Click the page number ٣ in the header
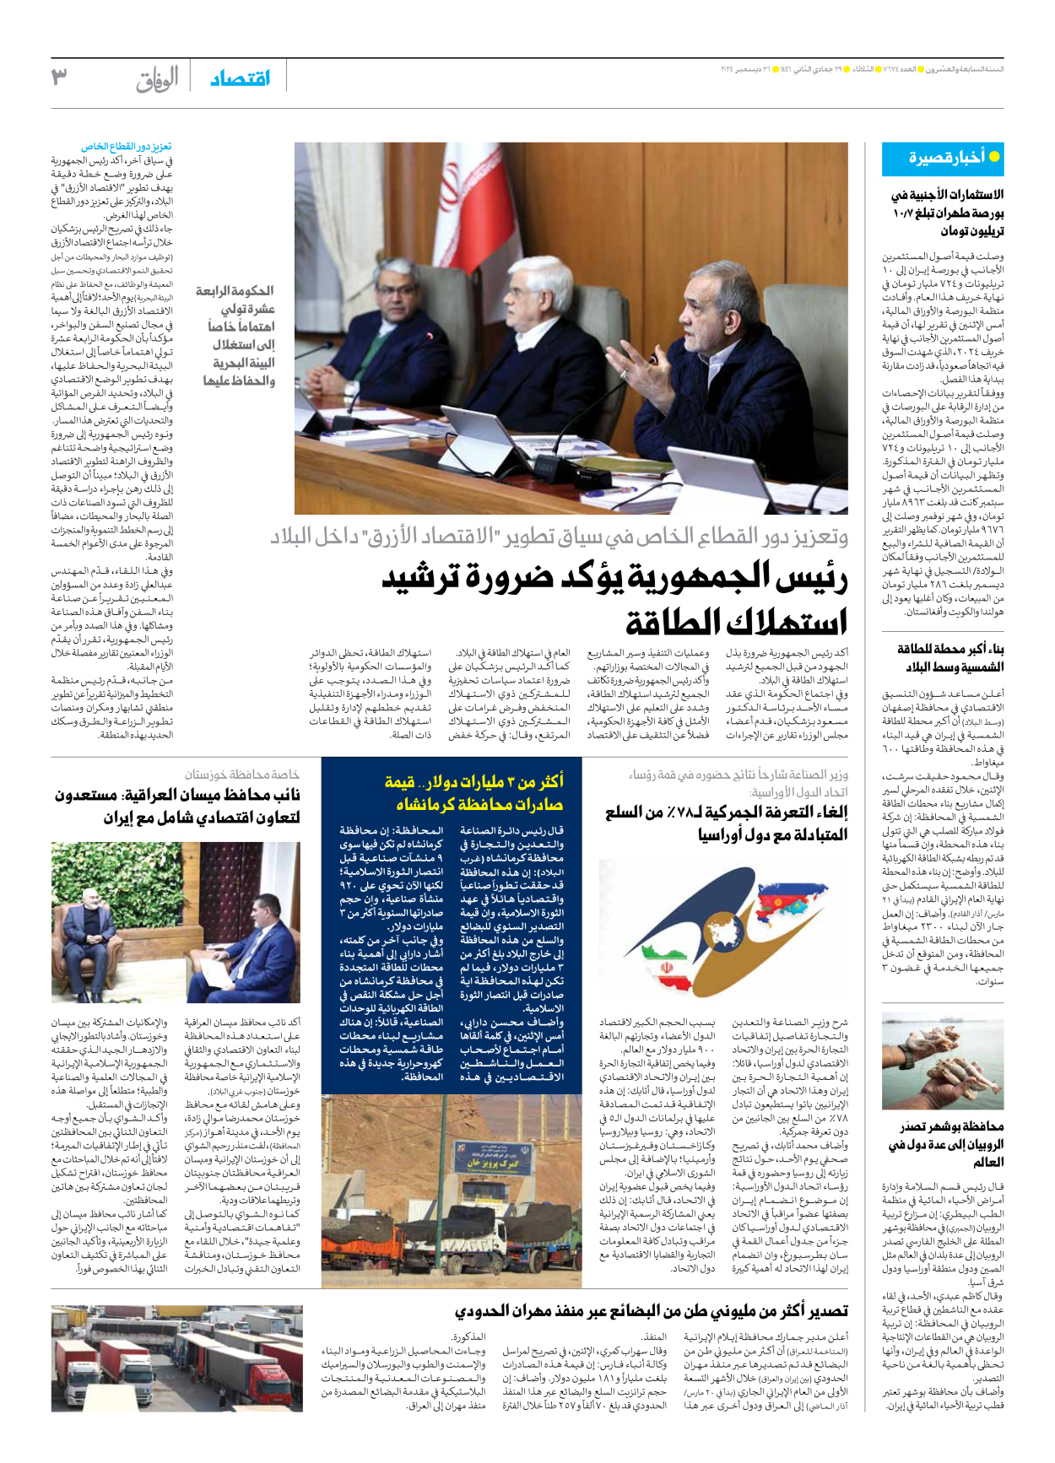(x=59, y=78)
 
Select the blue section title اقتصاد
(x=241, y=78)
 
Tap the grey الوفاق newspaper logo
(x=158, y=79)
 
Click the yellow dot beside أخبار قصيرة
(x=994, y=157)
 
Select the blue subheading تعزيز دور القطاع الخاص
(x=127, y=147)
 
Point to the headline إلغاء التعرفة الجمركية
(x=726, y=823)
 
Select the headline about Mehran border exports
(x=651, y=1311)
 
